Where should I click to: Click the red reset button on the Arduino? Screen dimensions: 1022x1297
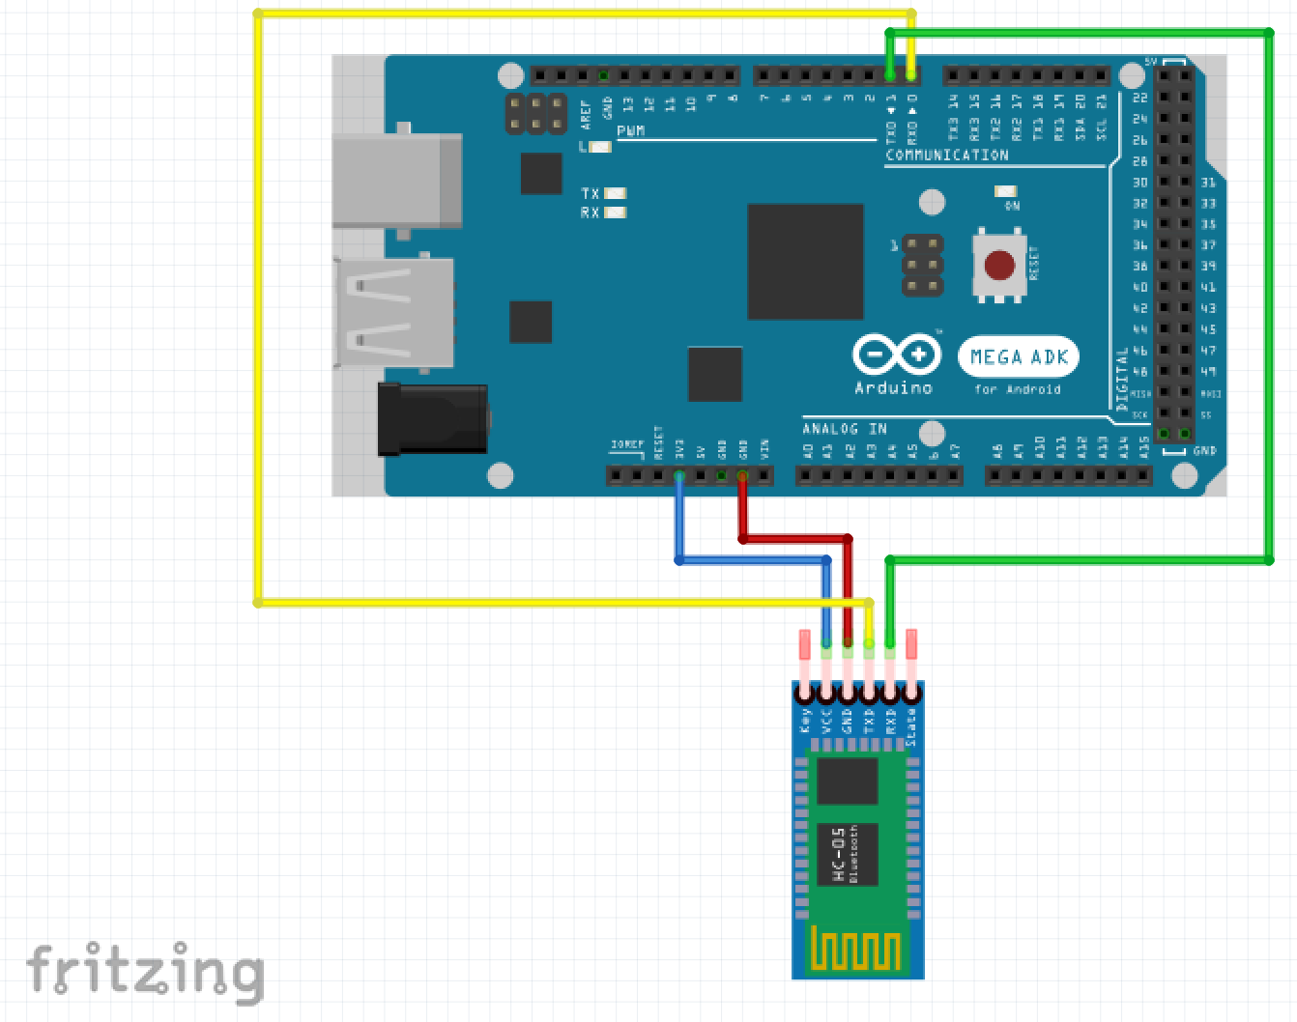coord(999,265)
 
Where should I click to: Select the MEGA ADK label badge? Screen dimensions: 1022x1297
coord(1018,357)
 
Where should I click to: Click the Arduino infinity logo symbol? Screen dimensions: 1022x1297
coord(896,355)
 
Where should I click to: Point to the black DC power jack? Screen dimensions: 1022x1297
coord(432,418)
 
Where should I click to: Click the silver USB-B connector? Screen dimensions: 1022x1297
coord(396,182)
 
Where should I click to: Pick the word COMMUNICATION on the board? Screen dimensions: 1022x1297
coord(946,155)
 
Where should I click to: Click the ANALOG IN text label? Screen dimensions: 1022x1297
coord(844,429)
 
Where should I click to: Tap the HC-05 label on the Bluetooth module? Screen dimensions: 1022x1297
coord(839,854)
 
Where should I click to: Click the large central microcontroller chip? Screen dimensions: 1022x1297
coord(805,261)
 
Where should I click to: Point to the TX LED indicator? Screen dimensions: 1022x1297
coord(615,193)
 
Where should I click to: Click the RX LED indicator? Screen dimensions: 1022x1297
coord(615,213)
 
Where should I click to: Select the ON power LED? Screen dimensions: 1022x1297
coord(1006,191)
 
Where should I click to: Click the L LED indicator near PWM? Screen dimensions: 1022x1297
coord(601,147)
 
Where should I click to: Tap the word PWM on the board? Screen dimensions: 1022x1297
coord(630,130)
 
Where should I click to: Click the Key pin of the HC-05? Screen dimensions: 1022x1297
coord(805,693)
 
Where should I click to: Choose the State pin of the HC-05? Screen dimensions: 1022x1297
coord(910,693)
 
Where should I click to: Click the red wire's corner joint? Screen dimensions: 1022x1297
coord(848,538)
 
